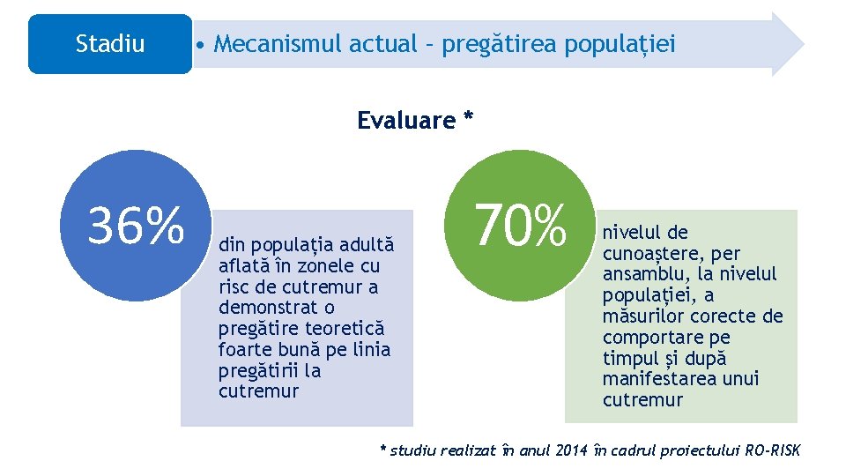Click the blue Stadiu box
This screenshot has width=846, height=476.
(x=109, y=44)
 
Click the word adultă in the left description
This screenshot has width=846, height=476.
(x=364, y=244)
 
